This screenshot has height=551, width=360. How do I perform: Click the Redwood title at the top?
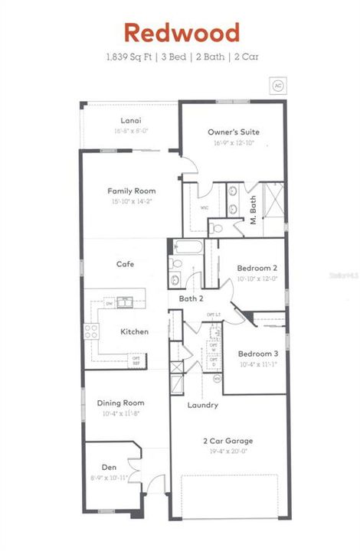[182, 33]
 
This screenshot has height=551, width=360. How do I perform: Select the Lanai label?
[129, 121]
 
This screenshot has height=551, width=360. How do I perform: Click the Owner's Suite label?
[233, 132]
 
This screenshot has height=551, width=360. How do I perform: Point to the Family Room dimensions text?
[132, 202]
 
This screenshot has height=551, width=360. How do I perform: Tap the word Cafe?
[125, 264]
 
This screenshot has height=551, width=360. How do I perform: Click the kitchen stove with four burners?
[91, 331]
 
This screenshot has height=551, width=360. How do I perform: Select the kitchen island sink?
[124, 302]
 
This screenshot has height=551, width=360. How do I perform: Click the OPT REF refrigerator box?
[136, 358]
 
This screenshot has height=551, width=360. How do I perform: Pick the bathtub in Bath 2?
[187, 247]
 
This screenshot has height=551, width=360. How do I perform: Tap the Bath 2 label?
[191, 298]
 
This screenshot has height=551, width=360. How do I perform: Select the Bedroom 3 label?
[257, 354]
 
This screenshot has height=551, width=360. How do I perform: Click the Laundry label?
[203, 405]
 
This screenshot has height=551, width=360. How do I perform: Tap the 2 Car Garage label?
[227, 441]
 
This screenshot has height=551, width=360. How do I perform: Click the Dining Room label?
[120, 403]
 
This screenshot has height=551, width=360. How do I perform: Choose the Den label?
[109, 467]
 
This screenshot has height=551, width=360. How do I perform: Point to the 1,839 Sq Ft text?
[128, 56]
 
